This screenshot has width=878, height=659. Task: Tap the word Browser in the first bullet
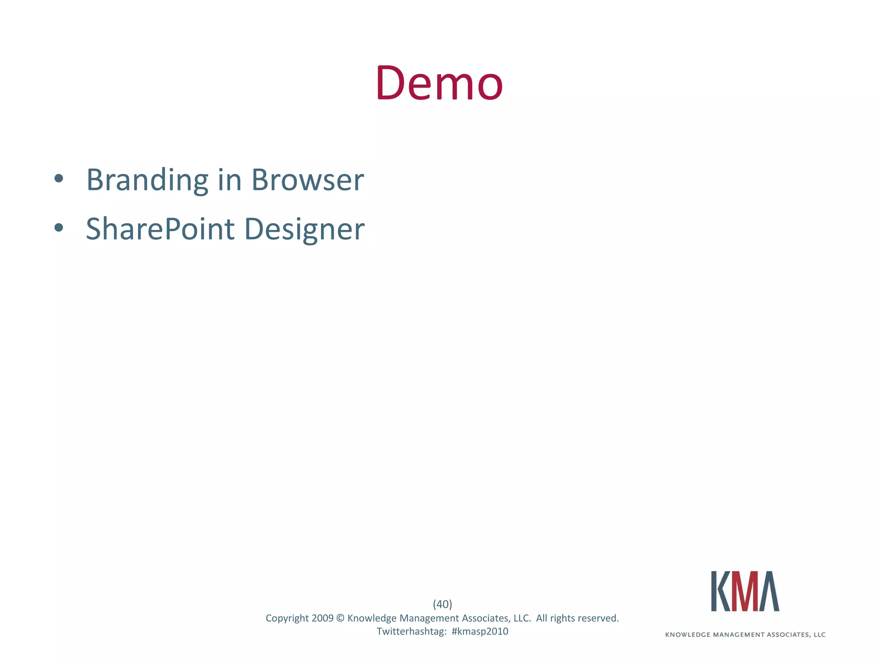(x=307, y=180)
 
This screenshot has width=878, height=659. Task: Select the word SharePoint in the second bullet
(x=160, y=229)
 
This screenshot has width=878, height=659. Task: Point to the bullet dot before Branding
(x=59, y=178)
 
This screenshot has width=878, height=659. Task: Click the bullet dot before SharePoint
(x=59, y=228)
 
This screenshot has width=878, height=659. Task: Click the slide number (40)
(x=442, y=604)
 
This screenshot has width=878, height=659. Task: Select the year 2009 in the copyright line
(x=322, y=618)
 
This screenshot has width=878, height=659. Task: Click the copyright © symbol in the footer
(x=340, y=618)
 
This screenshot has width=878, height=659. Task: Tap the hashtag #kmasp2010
(x=480, y=632)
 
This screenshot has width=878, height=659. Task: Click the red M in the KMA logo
(x=745, y=591)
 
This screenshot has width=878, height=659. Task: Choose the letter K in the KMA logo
(x=721, y=591)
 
